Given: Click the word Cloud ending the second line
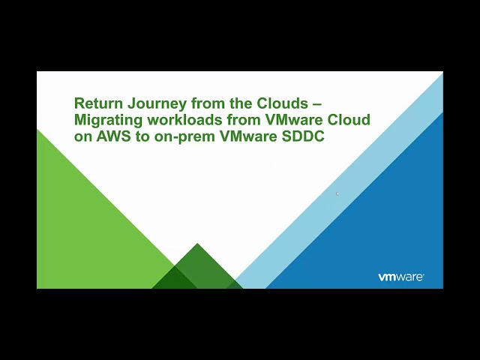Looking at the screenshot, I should (x=351, y=120).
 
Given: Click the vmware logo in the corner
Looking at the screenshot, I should (x=400, y=277).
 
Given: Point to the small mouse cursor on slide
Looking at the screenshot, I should (x=337, y=193).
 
